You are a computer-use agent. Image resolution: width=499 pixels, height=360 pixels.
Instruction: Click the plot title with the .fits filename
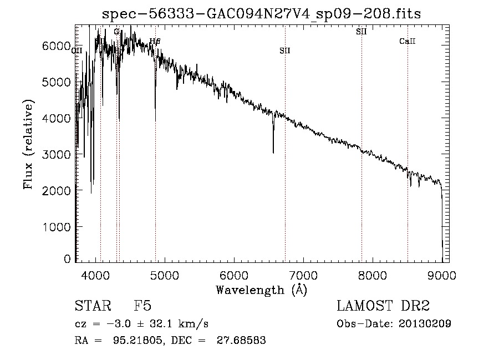(262, 14)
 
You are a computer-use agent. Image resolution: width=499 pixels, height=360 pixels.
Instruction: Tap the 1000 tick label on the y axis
(58, 227)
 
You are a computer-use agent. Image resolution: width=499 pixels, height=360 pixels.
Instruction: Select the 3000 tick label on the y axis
(58, 154)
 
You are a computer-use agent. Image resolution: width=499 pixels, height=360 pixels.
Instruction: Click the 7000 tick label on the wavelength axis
(303, 274)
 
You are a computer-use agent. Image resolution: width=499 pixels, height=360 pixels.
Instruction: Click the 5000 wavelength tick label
(165, 274)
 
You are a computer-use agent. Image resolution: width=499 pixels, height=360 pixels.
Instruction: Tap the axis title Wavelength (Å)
(261, 290)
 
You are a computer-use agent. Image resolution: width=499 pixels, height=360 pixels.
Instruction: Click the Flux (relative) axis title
(28, 144)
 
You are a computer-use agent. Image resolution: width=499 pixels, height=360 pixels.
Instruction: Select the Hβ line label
(155, 41)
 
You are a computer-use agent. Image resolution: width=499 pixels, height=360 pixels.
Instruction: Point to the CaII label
(408, 42)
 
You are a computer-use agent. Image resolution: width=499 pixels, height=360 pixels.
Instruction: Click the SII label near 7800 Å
(361, 32)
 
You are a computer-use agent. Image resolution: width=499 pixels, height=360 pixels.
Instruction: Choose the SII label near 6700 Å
(285, 50)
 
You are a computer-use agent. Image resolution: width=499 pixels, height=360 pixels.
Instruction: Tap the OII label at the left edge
(77, 50)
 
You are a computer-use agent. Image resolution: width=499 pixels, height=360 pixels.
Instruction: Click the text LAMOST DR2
(383, 307)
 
